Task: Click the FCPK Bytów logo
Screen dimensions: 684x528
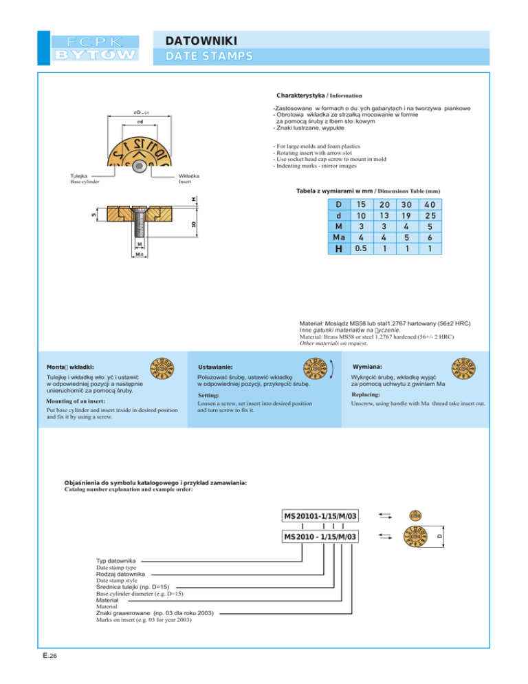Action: point(96,47)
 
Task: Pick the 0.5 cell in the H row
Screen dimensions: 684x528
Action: point(360,248)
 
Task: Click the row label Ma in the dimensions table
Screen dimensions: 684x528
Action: point(338,237)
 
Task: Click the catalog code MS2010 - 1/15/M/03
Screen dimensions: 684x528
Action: point(321,536)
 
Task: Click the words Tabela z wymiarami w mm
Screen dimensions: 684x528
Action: point(339,190)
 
